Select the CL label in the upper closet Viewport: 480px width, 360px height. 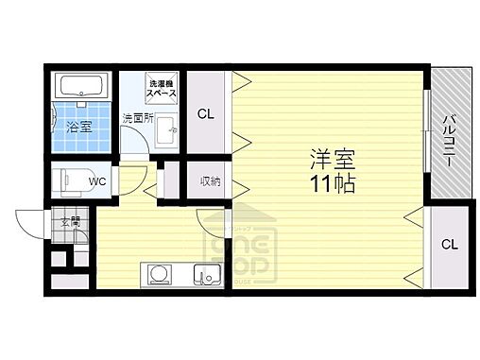click(x=205, y=116)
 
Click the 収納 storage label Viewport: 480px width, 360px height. click(x=210, y=181)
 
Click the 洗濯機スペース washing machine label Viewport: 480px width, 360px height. click(x=162, y=90)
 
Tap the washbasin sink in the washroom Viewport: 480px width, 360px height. click(x=166, y=130)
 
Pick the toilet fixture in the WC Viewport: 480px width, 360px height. click(x=71, y=180)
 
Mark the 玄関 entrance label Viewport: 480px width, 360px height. click(x=71, y=223)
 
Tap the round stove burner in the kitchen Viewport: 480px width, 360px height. click(x=158, y=275)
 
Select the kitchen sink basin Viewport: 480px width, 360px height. click(x=205, y=275)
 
